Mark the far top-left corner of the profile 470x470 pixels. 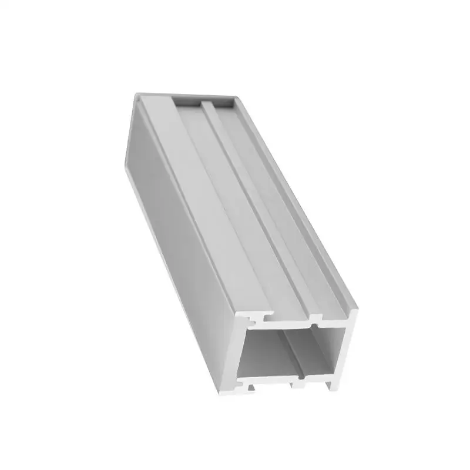[137, 94]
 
